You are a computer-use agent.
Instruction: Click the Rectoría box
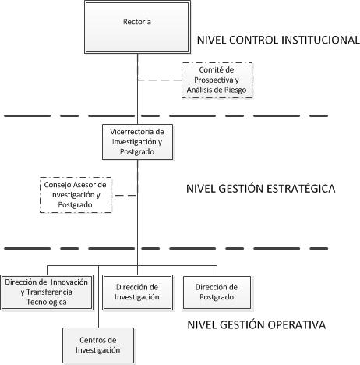(137, 27)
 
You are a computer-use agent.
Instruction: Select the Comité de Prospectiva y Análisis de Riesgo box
(217, 80)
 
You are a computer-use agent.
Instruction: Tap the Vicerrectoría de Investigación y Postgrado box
(137, 142)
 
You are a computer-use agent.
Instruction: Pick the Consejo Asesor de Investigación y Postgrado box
(76, 195)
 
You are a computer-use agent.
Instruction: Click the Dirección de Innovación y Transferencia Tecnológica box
(47, 292)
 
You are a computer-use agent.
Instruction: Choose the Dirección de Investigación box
(137, 292)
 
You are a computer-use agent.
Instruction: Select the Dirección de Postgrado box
(217, 292)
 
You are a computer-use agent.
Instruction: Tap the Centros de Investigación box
(98, 346)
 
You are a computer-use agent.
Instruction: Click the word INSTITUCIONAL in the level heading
(321, 40)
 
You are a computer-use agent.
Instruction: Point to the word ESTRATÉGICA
(301, 189)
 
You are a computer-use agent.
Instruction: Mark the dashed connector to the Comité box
(160, 80)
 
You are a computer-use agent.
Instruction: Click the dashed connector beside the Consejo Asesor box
(125, 195)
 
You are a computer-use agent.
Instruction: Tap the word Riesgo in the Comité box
(236, 90)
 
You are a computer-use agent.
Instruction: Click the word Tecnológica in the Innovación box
(47, 302)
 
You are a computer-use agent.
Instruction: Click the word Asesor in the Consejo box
(80, 185)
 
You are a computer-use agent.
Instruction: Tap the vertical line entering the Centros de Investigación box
(99, 296)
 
